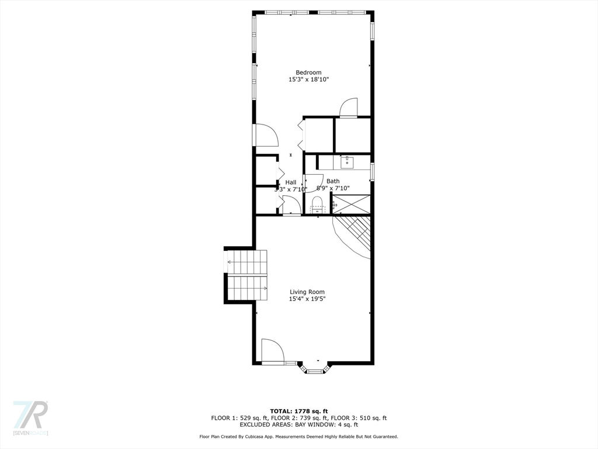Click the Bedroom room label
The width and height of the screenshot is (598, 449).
tap(308, 72)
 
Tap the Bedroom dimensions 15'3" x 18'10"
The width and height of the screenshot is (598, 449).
tap(308, 80)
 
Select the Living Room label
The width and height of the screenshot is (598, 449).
tap(307, 292)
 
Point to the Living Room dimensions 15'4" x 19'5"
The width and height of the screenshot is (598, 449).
tap(307, 299)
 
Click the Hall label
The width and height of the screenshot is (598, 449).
tap(291, 182)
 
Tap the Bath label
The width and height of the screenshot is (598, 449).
tap(333, 181)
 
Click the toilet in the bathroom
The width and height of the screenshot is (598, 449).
tap(318, 205)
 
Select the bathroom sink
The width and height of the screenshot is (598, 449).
tap(347, 163)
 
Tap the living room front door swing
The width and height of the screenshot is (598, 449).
tap(272, 350)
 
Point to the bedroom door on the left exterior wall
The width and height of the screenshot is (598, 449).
tap(266, 135)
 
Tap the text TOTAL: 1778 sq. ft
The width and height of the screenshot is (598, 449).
tap(299, 411)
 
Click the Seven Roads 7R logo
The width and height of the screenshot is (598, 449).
tap(30, 417)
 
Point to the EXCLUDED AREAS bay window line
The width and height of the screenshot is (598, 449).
tap(299, 424)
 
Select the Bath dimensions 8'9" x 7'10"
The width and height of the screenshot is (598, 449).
tap(333, 188)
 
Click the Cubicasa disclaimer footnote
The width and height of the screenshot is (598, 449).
tap(299, 436)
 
